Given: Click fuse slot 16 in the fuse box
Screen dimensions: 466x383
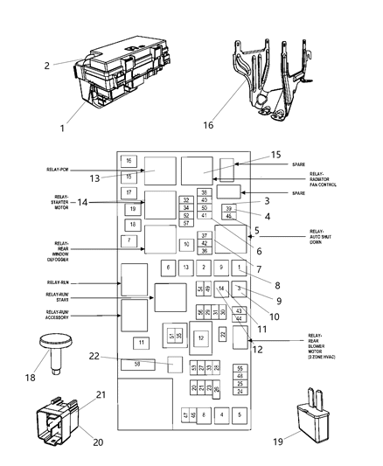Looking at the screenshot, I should [x=129, y=162].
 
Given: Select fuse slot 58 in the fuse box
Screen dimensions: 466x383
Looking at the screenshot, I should [x=139, y=387].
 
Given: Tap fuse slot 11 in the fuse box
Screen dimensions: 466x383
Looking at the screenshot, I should [x=139, y=342].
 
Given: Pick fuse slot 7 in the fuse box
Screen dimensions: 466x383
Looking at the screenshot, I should [x=129, y=240].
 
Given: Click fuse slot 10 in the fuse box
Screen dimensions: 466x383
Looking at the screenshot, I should [x=185, y=244].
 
